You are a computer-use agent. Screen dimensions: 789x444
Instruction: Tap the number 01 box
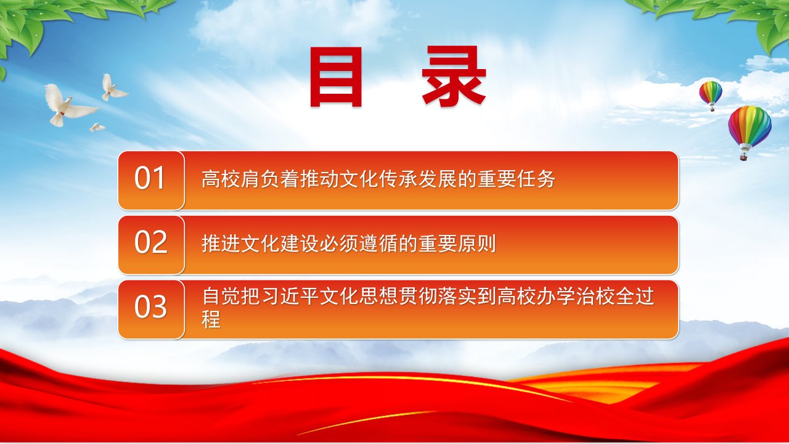click(x=151, y=181)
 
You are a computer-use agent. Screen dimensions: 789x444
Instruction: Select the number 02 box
click(x=151, y=245)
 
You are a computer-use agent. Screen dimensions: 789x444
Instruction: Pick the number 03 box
click(x=151, y=310)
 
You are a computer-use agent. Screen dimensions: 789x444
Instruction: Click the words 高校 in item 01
click(x=221, y=179)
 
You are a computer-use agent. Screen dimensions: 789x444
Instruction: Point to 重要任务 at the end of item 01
click(x=517, y=179)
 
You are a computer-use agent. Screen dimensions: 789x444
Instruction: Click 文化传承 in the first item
click(x=359, y=179)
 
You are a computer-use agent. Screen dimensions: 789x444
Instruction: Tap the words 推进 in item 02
click(x=221, y=244)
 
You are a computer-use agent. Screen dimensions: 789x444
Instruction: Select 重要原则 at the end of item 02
click(x=457, y=244)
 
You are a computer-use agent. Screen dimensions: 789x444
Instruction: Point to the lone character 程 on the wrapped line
click(x=211, y=319)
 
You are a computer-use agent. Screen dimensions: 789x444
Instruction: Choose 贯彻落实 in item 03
click(x=438, y=296)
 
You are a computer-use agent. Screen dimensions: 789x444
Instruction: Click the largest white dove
click(x=69, y=105)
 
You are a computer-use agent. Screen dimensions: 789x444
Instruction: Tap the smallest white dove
click(x=97, y=127)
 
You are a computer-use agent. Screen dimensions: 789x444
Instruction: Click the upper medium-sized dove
click(x=113, y=88)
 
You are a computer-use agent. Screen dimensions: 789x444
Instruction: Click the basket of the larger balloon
click(x=744, y=156)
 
